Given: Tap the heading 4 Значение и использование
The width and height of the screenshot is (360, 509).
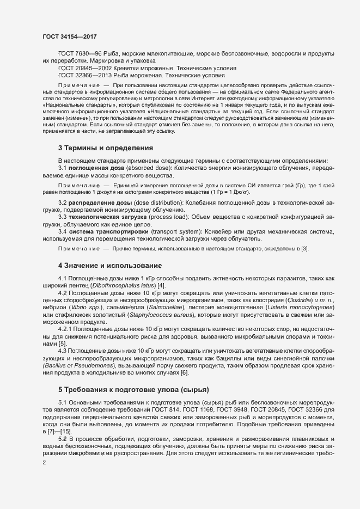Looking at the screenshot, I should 110,266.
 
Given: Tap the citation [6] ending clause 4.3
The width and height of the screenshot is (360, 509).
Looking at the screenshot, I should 185,372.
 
